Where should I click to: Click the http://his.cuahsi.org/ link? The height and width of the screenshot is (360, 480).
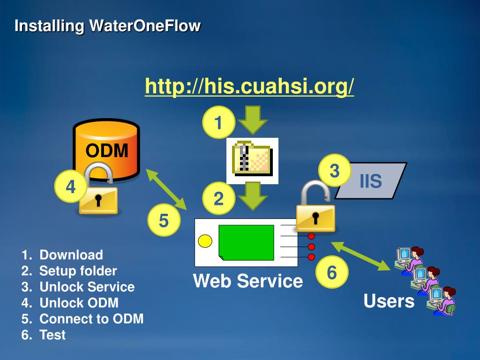249,86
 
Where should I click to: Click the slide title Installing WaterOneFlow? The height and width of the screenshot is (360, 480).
107,26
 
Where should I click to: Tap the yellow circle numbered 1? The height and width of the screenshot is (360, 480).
218,123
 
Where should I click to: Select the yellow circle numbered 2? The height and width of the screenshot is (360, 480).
218,199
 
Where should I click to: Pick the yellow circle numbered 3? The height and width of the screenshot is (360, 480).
334,171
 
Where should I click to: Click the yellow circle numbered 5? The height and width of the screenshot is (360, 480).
164,220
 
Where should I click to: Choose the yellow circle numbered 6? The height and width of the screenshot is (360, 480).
331,272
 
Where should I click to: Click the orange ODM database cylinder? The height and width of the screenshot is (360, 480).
107,141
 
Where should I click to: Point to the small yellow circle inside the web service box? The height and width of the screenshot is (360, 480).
205,241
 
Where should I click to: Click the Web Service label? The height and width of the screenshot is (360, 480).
248,281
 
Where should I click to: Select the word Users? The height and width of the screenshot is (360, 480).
389,301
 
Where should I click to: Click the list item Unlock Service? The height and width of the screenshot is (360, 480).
87,287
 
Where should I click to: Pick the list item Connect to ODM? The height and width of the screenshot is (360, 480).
91,319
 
